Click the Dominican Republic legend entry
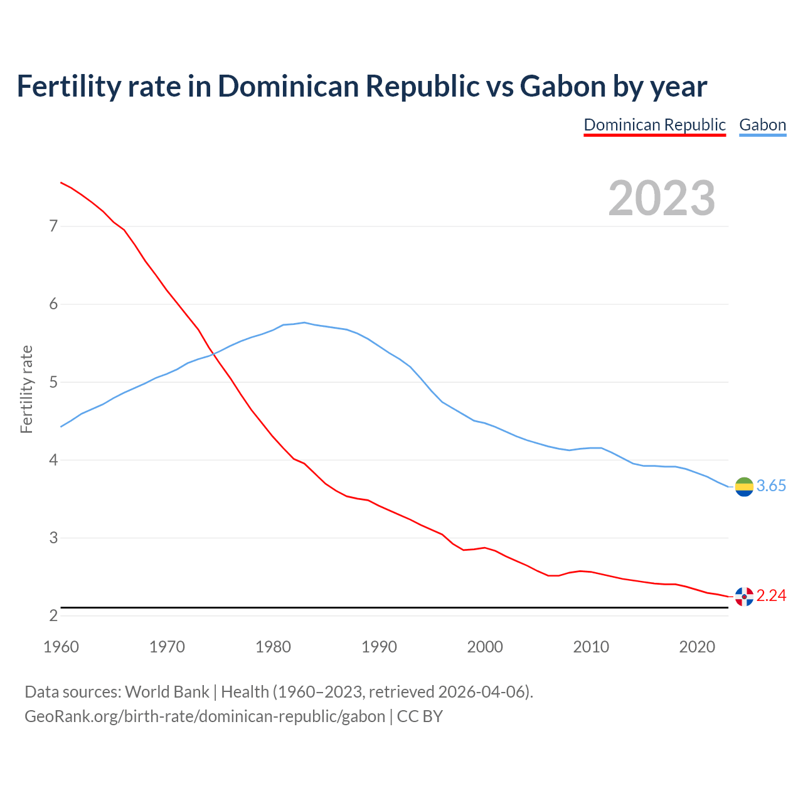pyautogui.click(x=654, y=125)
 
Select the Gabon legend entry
pyautogui.click(x=762, y=125)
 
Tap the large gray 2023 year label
pyautogui.click(x=662, y=198)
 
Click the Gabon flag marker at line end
pyautogui.click(x=744, y=486)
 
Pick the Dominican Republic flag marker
pyautogui.click(x=744, y=596)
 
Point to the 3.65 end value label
pyautogui.click(x=771, y=486)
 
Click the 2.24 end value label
pyautogui.click(x=771, y=596)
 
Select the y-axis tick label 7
pyautogui.click(x=53, y=226)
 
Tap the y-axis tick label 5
pyautogui.click(x=53, y=382)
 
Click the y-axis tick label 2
pyautogui.click(x=53, y=616)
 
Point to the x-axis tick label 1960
pyautogui.click(x=61, y=647)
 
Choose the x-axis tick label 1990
pyautogui.click(x=379, y=647)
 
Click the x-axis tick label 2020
pyautogui.click(x=697, y=647)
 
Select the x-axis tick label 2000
pyautogui.click(x=485, y=647)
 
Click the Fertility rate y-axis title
pyautogui.click(x=26, y=389)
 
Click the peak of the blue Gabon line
pyautogui.click(x=304, y=322)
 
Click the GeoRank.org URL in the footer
pyautogui.click(x=205, y=716)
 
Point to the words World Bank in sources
pyautogui.click(x=167, y=692)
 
